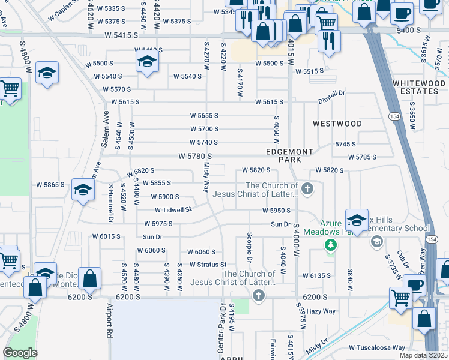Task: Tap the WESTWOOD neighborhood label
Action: (x=337, y=124)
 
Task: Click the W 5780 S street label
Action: (x=195, y=156)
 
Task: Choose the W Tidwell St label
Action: (x=173, y=210)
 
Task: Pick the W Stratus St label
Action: (x=208, y=264)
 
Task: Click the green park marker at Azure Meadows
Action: (x=330, y=245)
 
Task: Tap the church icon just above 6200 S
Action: (x=258, y=295)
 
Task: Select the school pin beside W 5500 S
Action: (x=147, y=61)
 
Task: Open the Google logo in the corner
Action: (x=20, y=353)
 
